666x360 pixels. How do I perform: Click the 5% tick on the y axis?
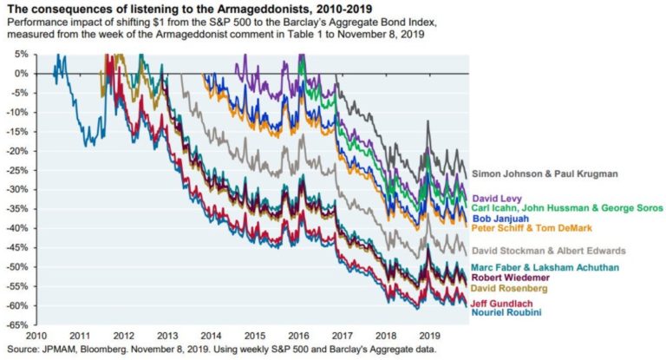pos(20,54)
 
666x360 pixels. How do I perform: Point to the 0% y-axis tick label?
pos(20,73)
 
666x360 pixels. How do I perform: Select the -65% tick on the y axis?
pos(16,325)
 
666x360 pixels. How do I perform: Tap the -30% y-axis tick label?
pos(16,190)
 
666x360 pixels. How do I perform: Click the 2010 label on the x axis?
pos(36,335)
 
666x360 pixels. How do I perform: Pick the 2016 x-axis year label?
pos(297,335)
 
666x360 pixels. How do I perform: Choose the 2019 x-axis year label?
pos(428,335)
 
